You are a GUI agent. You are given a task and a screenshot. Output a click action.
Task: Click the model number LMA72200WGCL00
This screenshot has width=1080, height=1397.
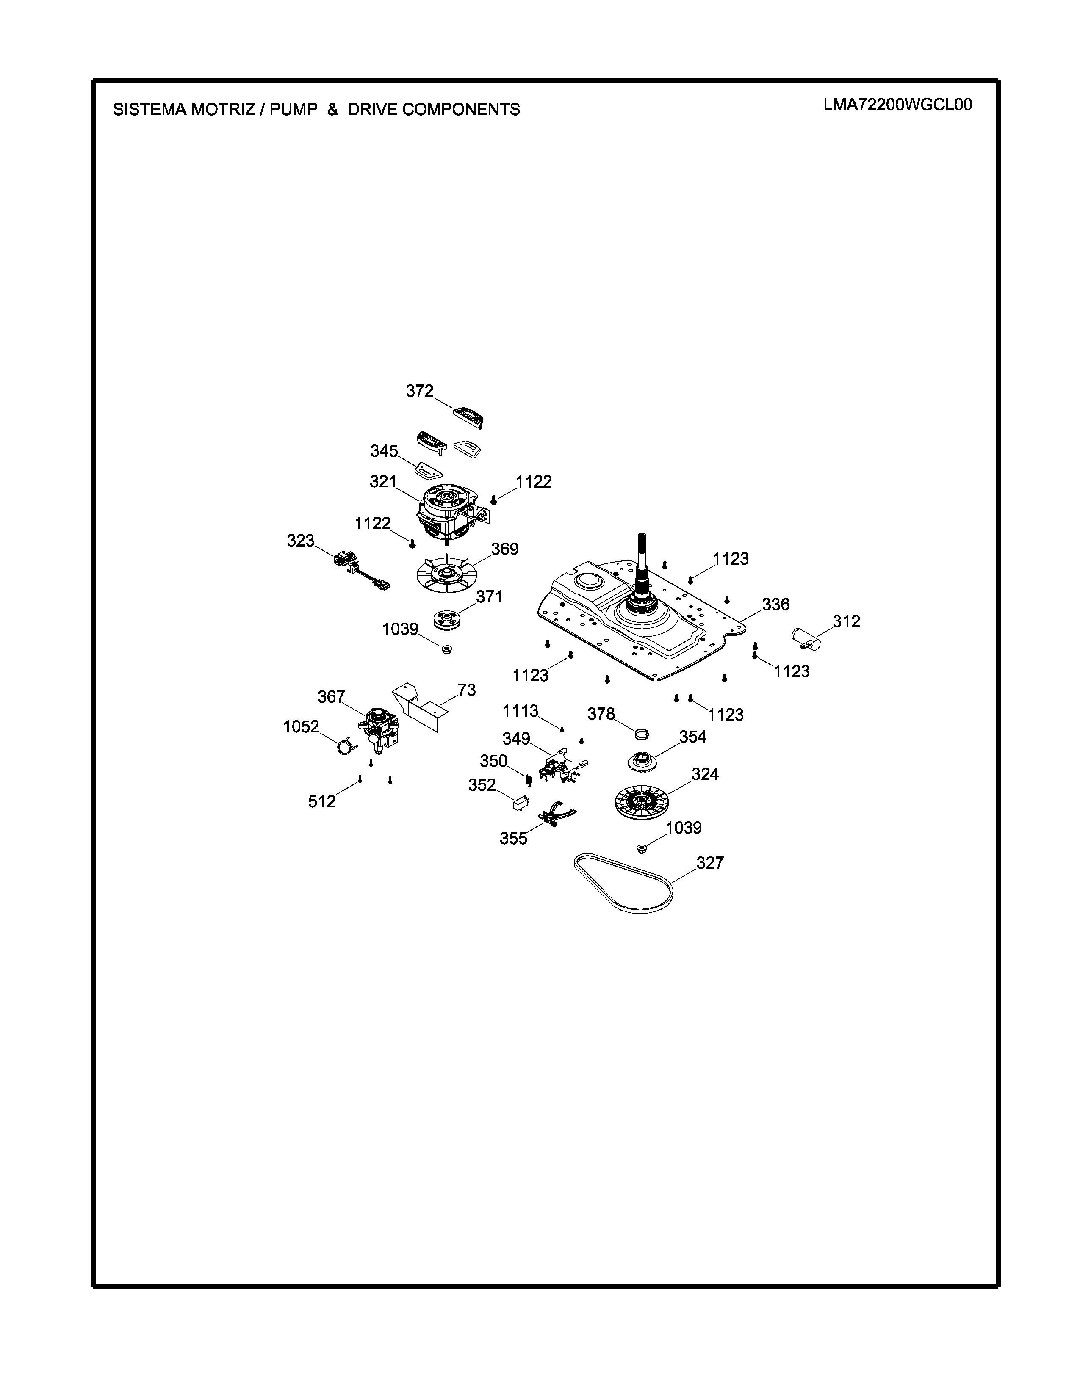click(x=897, y=105)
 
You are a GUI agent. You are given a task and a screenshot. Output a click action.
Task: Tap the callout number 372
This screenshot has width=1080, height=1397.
click(x=420, y=391)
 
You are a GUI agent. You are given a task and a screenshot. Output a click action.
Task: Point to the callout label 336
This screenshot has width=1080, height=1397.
click(x=775, y=605)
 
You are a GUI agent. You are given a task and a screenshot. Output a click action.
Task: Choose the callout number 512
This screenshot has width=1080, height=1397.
click(x=322, y=801)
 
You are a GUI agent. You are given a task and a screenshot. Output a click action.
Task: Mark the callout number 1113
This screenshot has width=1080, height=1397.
click(x=520, y=711)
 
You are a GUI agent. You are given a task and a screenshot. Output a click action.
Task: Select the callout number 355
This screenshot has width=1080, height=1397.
click(x=514, y=839)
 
